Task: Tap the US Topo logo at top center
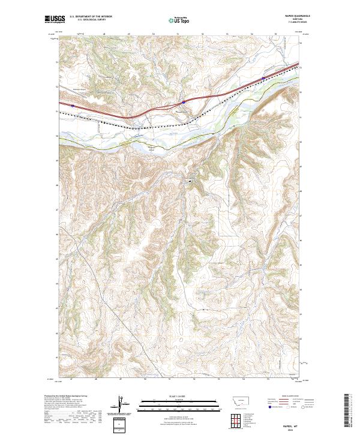click(179, 20)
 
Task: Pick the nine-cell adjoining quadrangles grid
click(235, 418)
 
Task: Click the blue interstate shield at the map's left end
click(72, 105)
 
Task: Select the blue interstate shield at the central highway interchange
click(184, 102)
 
